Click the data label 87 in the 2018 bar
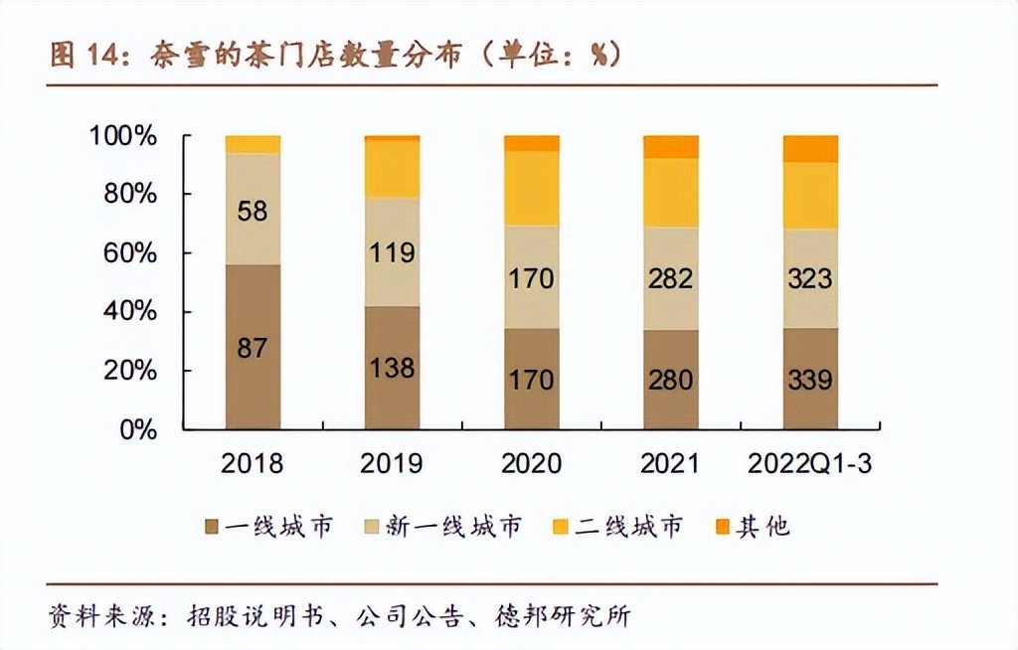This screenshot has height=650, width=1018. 253,349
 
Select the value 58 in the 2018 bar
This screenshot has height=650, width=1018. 253,211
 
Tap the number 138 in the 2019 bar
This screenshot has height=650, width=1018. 392,367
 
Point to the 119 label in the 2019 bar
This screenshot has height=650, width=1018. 392,252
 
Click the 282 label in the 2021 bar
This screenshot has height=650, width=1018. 670,277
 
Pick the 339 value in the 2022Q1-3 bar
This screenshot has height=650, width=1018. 809,379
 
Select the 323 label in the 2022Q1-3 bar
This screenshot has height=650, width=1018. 809,277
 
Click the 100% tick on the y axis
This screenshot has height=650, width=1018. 123,136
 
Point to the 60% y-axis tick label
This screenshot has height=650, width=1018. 131,253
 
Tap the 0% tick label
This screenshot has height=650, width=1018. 139,430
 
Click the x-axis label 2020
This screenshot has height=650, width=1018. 531,464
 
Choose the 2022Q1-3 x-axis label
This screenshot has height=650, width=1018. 809,464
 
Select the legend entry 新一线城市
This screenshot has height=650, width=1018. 457,526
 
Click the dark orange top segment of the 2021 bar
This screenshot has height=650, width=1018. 670,147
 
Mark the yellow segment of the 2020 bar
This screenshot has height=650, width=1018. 531,188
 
